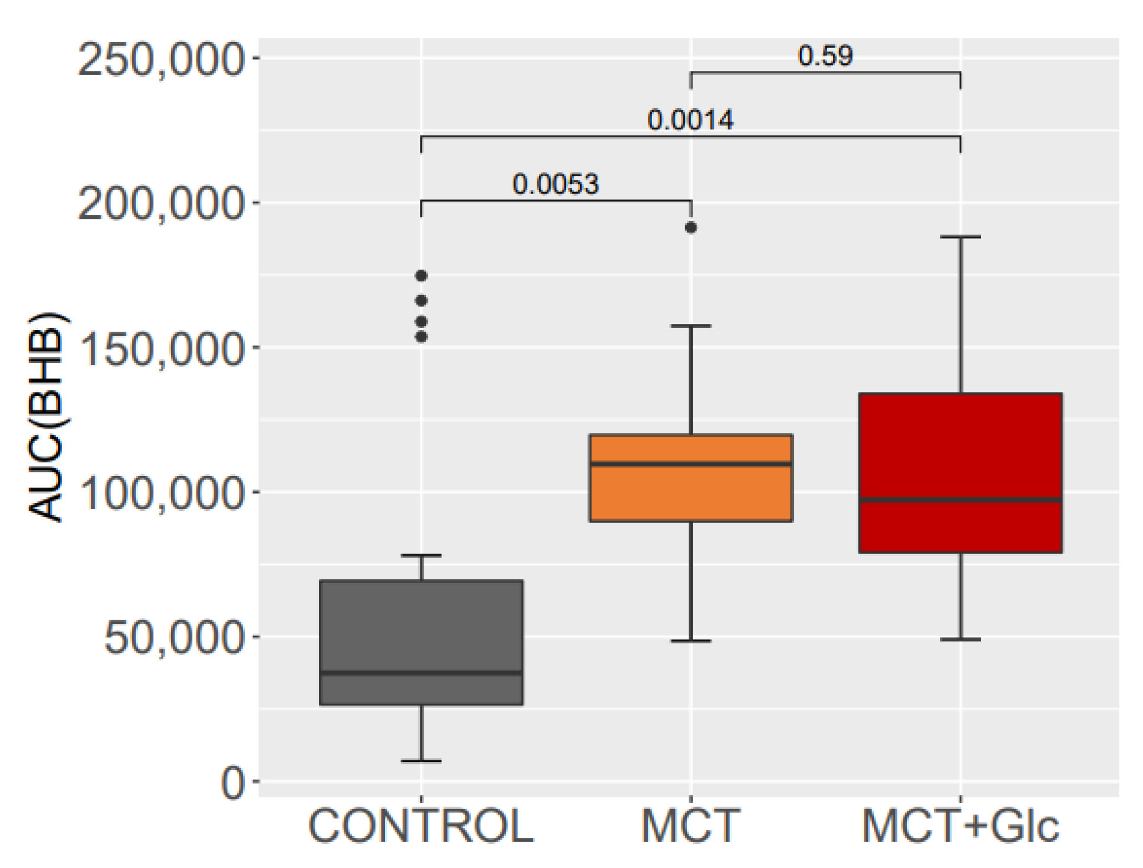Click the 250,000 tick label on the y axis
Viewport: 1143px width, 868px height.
[161, 59]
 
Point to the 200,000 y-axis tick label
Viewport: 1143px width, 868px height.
[161, 204]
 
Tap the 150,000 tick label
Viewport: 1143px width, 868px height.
[161, 349]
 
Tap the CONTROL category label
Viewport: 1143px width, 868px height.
[421, 827]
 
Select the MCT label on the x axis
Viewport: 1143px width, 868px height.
[690, 827]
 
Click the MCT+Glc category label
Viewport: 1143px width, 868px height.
[960, 827]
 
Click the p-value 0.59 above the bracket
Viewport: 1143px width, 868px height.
[825, 56]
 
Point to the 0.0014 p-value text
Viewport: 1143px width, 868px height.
[690, 120]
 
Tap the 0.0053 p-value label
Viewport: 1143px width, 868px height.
[556, 184]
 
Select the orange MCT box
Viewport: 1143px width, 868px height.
[690, 494]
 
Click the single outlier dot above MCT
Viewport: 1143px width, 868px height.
[690, 228]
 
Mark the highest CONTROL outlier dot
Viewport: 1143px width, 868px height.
[421, 276]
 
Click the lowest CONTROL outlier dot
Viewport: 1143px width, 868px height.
[421, 337]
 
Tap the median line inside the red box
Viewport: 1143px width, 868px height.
[960, 501]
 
